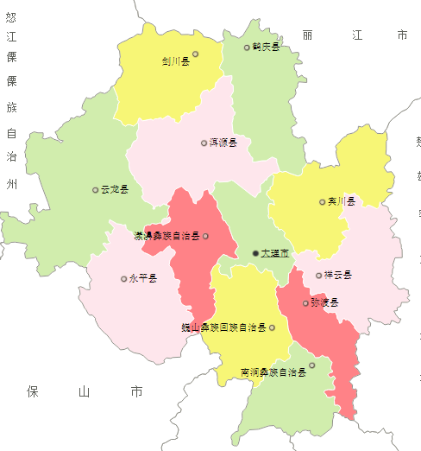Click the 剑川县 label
(175, 61)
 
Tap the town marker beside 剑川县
(196, 54)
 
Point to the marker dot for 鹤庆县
(247, 48)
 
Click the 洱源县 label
(223, 143)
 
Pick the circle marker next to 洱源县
(204, 143)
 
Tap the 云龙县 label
(115, 189)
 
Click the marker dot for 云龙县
(96, 189)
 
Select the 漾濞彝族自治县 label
(167, 236)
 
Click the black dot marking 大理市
(255, 252)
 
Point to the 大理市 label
(274, 253)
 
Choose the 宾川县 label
(342, 201)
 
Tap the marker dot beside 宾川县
(323, 202)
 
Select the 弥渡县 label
(325, 303)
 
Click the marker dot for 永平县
(123, 278)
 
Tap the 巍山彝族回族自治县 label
(235, 328)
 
